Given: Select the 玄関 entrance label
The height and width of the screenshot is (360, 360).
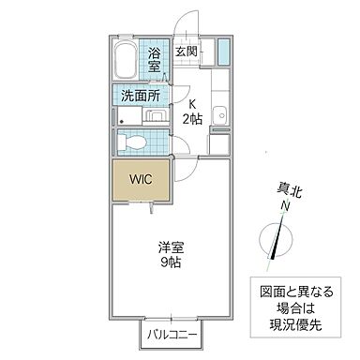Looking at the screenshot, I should [186, 52].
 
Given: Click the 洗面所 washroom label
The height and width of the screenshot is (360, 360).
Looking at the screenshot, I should [139, 96].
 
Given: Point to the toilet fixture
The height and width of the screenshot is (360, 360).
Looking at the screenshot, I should [133, 142].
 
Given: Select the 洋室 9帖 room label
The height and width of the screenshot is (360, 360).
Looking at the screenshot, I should [170, 255].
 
